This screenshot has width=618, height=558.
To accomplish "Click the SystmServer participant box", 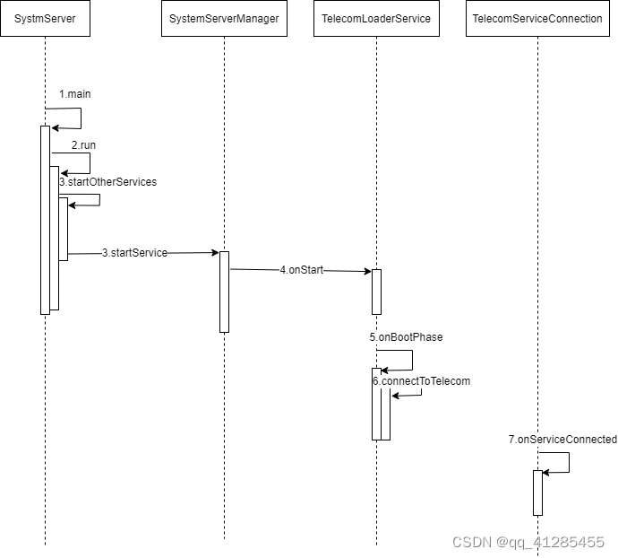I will [45, 19].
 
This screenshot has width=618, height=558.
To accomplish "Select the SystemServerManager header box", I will [224, 19].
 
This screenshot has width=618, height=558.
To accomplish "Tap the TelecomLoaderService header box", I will [376, 19].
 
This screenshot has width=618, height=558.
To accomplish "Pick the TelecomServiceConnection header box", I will [536, 19].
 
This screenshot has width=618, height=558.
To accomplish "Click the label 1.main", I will [75, 94].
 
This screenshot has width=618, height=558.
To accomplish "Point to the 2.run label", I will [83, 144].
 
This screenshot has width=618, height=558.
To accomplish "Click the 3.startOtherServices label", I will [108, 182].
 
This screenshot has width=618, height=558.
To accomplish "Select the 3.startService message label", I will [134, 253].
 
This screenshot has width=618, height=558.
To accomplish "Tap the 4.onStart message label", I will [301, 269].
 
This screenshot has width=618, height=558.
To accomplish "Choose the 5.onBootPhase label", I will [406, 337].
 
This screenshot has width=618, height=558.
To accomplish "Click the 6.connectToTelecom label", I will [422, 381].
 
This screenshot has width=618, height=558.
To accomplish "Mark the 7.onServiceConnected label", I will [562, 440].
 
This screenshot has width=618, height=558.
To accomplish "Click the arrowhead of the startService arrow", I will [215, 253].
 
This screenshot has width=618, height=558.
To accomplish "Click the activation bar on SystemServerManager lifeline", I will [224, 292].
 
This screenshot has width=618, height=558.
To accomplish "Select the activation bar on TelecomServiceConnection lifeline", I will [537, 493].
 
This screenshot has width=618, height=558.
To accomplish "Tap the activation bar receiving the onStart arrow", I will [376, 292].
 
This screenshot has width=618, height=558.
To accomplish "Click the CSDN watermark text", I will [528, 542].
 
